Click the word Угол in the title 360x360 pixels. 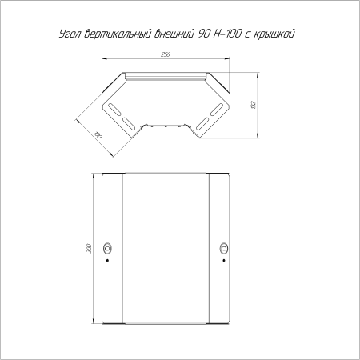click(x=70, y=34)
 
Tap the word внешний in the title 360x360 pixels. click(x=174, y=34)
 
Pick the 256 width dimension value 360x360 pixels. click(x=166, y=54)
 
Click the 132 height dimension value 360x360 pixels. click(x=254, y=105)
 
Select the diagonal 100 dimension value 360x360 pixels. click(x=98, y=135)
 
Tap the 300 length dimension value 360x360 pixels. click(x=89, y=248)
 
